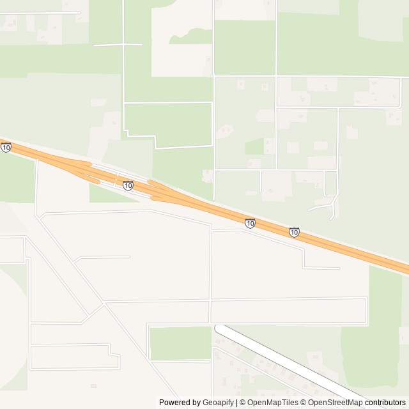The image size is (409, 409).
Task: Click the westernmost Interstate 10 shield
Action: (6, 148)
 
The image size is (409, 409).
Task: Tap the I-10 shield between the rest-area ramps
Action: (128, 185)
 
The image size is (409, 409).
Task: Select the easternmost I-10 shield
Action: (294, 232)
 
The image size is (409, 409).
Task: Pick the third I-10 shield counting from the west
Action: (250, 223)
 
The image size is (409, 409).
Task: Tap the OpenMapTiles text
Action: (274, 403)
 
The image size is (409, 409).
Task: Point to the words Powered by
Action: (179, 403)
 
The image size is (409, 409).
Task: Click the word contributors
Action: (385, 403)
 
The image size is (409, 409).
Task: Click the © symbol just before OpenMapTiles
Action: (243, 403)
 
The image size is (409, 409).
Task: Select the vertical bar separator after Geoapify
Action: (236, 403)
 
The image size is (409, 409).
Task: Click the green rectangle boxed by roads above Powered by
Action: (180, 343)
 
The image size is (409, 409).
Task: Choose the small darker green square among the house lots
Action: (254, 146)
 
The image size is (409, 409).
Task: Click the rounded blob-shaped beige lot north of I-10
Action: (225, 131)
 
